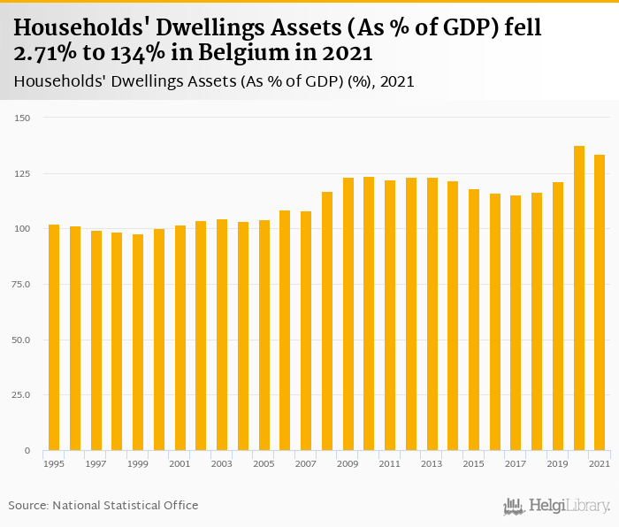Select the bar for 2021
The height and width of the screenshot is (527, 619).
pyautogui.click(x=600, y=302)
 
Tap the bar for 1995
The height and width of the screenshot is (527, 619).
pyautogui.click(x=54, y=338)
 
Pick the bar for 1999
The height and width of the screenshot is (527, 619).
pyautogui.click(x=138, y=342)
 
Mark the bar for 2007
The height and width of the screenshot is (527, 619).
pyautogui.click(x=306, y=331)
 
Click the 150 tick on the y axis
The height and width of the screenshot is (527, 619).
pyautogui.click(x=23, y=118)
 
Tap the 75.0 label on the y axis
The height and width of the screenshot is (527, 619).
pyautogui.click(x=21, y=284)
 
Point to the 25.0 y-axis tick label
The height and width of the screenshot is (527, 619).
pyautogui.click(x=21, y=395)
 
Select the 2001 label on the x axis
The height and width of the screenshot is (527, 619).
pyautogui.click(x=180, y=464)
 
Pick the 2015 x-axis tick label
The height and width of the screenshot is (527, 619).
pyautogui.click(x=474, y=464)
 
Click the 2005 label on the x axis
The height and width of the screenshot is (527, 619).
pyautogui.click(x=264, y=464)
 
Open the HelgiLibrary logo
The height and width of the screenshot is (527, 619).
pyautogui.click(x=557, y=507)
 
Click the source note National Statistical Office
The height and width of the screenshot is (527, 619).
pyautogui.click(x=126, y=506)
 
